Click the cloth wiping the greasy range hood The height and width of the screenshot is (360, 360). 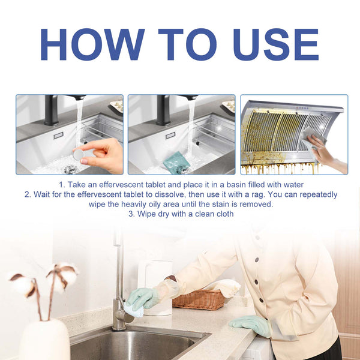click(x=313, y=136)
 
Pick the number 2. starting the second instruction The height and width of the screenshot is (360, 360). click(x=28, y=195)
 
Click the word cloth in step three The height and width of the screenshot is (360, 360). click(x=223, y=214)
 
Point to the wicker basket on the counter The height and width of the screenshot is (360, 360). click(x=199, y=298)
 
